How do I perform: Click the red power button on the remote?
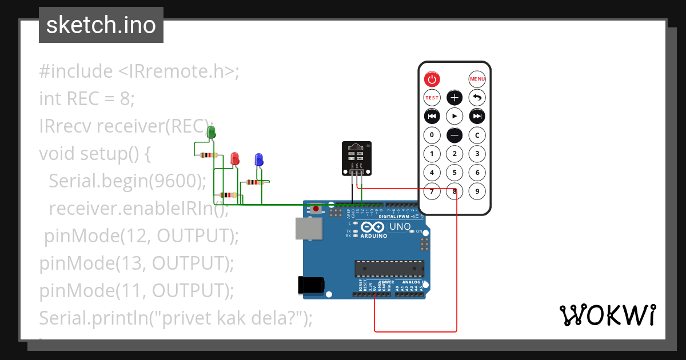(x=432, y=79)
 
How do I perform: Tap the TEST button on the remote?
(x=432, y=98)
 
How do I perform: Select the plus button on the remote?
(x=454, y=98)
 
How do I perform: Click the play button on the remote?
(x=454, y=117)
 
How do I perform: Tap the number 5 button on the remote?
(x=454, y=173)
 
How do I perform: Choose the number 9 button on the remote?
(x=477, y=191)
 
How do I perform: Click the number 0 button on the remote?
(x=432, y=135)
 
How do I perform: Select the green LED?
(x=211, y=133)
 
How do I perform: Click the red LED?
(x=234, y=158)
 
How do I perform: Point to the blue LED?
(x=258, y=159)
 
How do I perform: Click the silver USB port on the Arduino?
(x=309, y=228)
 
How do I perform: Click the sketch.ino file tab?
(x=101, y=25)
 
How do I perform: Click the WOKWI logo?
(x=607, y=315)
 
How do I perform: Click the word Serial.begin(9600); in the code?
(x=127, y=181)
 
